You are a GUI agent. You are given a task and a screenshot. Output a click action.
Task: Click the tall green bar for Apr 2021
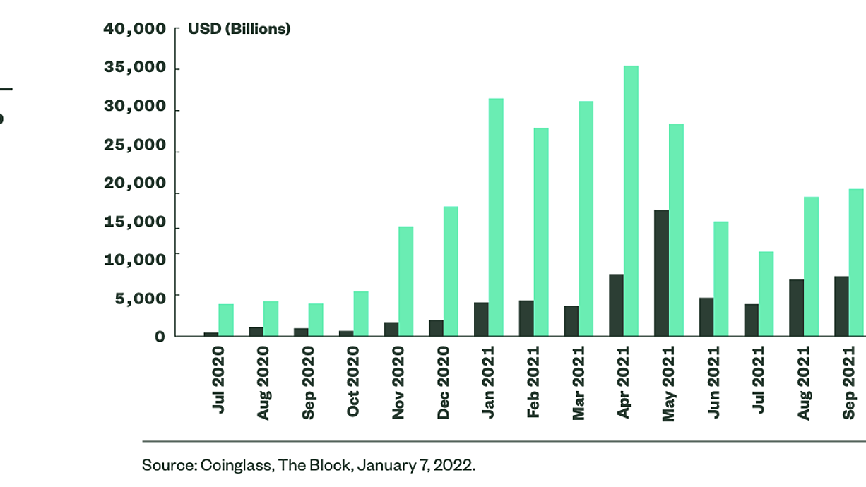tap(631, 201)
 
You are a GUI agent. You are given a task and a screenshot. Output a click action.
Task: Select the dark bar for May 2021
tap(661, 272)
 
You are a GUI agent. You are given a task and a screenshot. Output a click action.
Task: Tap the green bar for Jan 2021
tap(496, 217)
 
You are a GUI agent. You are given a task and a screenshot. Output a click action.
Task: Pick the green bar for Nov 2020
tap(406, 281)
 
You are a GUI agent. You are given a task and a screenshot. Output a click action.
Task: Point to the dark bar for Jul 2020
tap(211, 334)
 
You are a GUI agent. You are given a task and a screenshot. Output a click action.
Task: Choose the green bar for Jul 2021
tap(766, 294)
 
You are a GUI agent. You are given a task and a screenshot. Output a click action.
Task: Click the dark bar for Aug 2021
tap(796, 308)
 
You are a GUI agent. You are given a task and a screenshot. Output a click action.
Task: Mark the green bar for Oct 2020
tap(361, 313)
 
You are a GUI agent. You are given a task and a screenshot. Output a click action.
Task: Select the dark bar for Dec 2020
tap(436, 328)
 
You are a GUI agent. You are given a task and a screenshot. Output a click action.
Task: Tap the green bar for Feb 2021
tap(541, 232)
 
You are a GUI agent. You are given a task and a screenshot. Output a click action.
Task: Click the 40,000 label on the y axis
tap(134, 29)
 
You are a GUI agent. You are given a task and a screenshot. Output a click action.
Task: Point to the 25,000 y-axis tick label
tap(134, 145)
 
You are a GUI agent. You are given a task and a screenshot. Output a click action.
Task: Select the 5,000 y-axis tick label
tap(140, 299)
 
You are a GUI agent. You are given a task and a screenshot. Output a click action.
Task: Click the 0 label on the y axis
tap(160, 337)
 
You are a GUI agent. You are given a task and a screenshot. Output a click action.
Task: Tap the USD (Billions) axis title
tap(239, 29)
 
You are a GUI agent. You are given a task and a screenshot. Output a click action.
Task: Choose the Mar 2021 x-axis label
tap(579, 383)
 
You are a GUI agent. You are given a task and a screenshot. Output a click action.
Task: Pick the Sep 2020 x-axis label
tap(308, 383)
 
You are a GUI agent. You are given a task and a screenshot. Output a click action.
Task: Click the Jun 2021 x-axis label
tap(713, 382)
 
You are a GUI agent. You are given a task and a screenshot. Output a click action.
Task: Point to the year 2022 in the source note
tap(454, 465)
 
